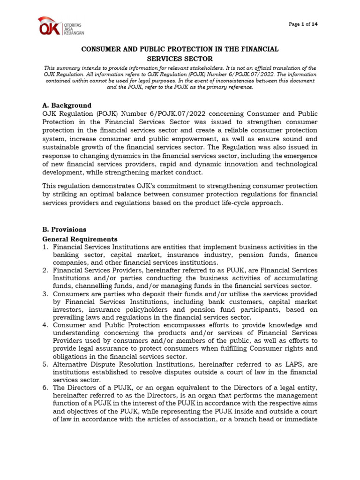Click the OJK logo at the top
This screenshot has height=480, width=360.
tap(61, 27)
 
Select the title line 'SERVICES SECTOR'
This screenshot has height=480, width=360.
tap(180, 59)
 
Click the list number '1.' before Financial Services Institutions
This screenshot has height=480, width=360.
tap(45, 247)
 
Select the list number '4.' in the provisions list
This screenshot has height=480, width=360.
tap(45, 325)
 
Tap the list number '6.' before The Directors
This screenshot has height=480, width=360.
tap(45, 387)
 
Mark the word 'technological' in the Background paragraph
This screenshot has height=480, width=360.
tap(295, 164)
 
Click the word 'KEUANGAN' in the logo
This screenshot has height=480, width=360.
tap(74, 33)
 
